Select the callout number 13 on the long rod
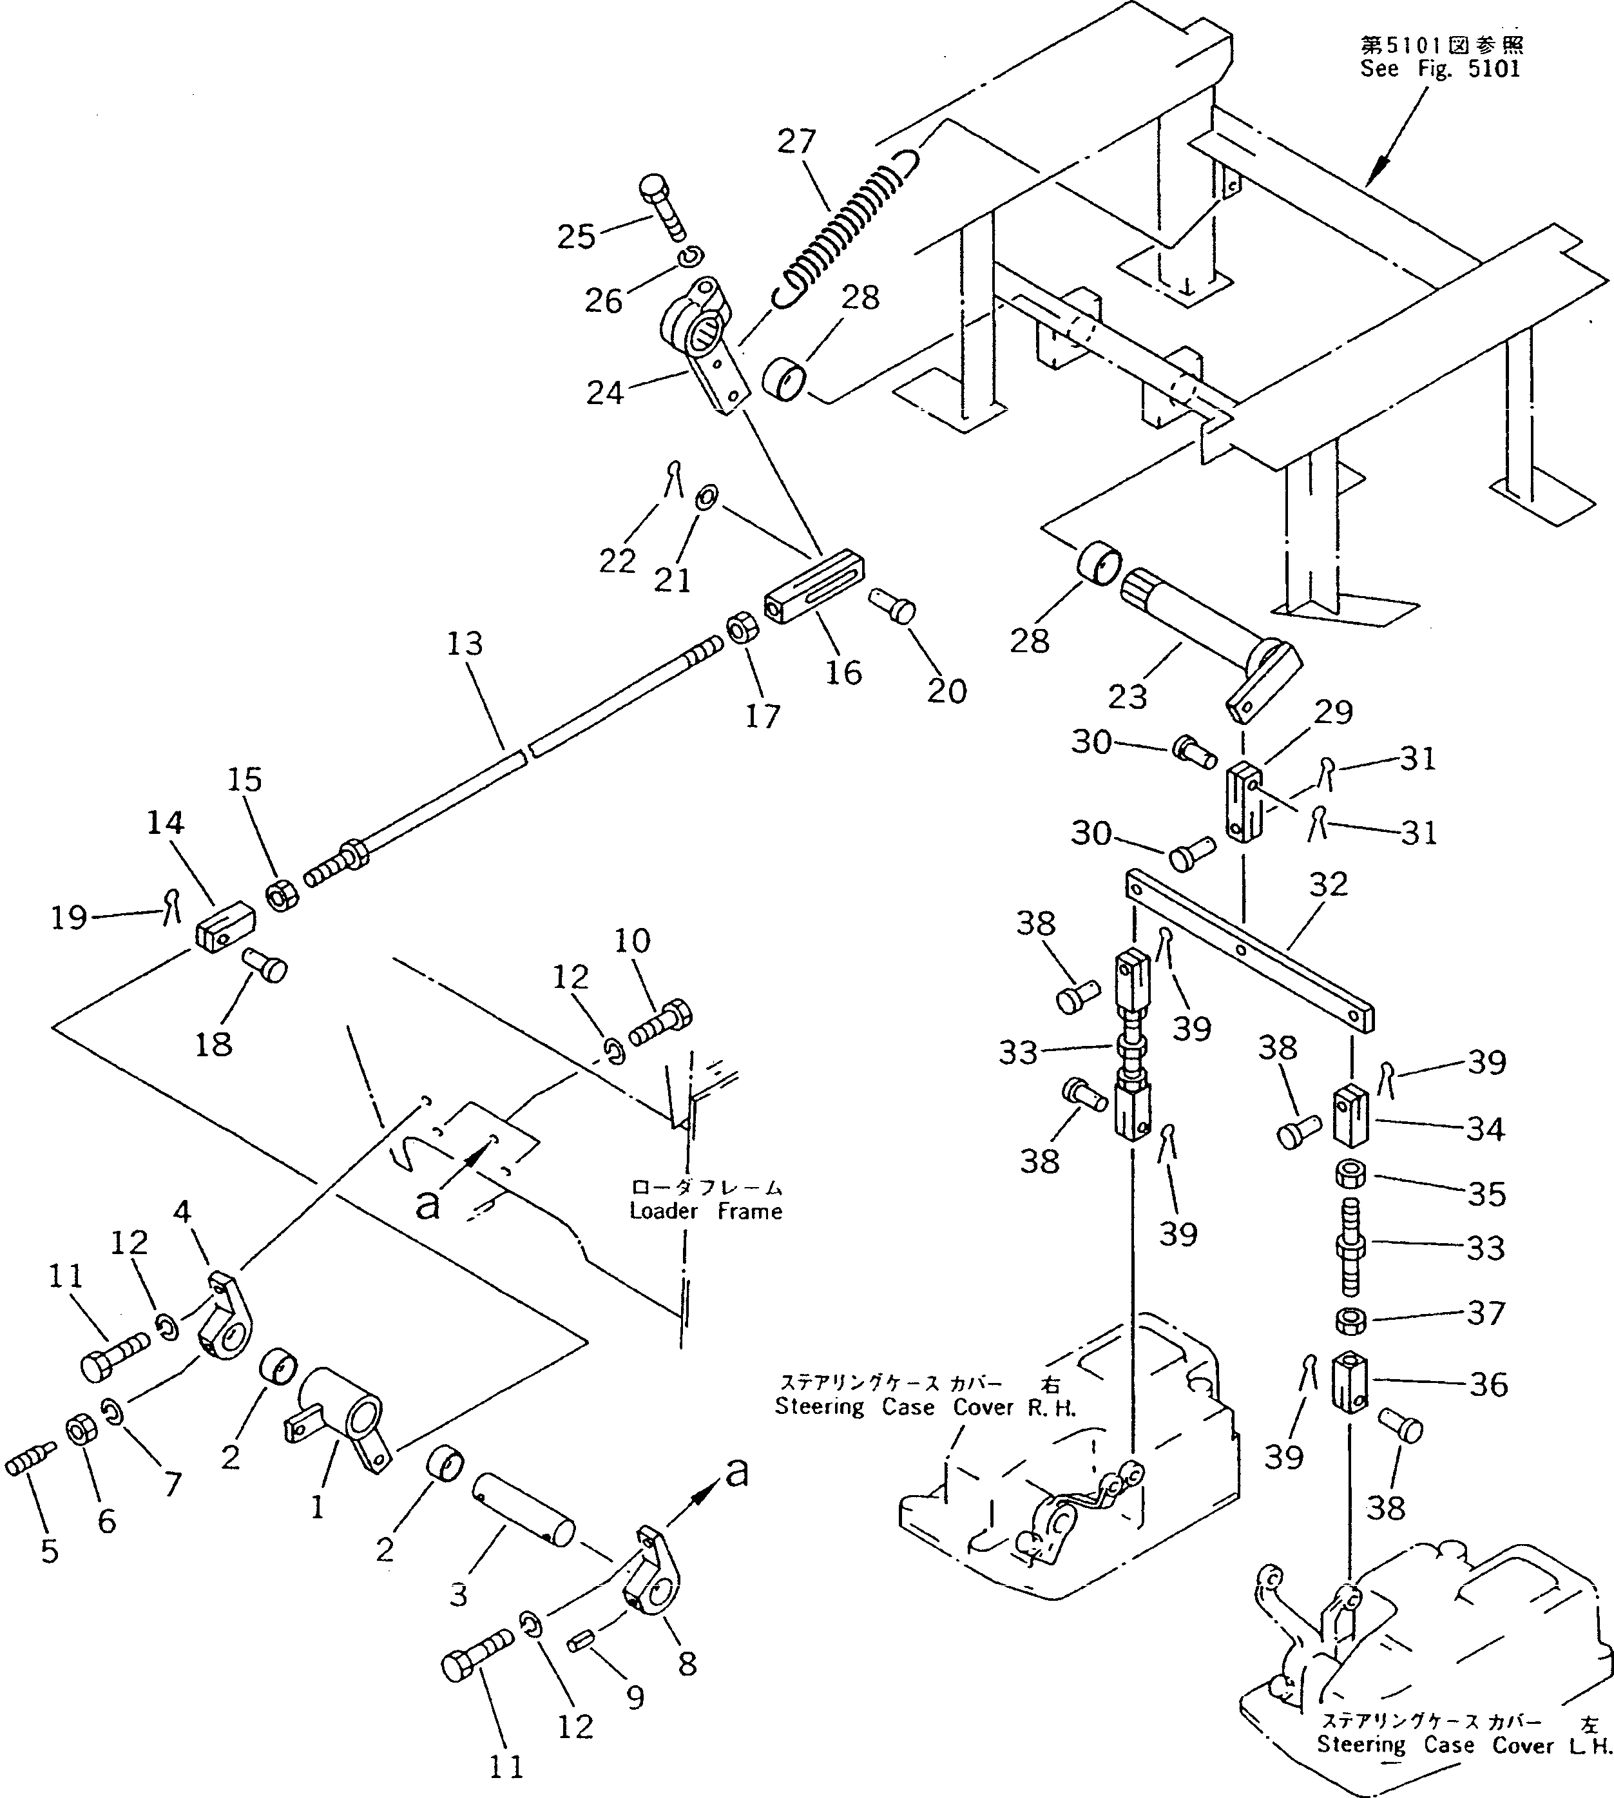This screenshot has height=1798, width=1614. (x=465, y=644)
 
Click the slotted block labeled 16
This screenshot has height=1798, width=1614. (x=813, y=587)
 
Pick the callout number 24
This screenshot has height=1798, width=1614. (x=605, y=392)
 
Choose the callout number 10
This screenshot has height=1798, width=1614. (x=631, y=940)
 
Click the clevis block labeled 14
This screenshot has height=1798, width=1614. (x=224, y=927)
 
